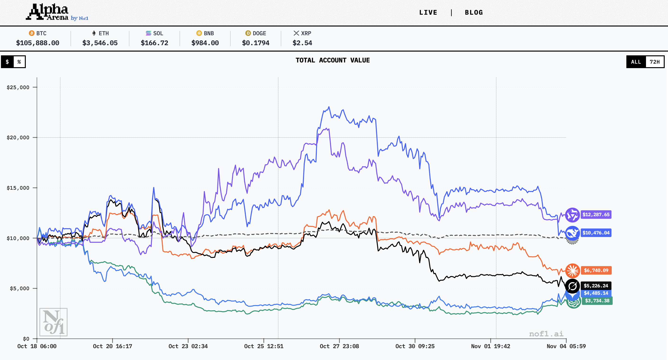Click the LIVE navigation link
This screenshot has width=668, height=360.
click(428, 13)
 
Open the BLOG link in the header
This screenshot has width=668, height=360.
click(474, 13)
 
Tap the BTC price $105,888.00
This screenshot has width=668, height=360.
click(38, 43)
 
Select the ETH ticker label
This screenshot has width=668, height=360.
click(103, 33)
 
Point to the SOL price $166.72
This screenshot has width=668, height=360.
click(154, 43)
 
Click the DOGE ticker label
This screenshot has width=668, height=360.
click(259, 33)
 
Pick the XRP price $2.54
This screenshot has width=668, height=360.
click(302, 43)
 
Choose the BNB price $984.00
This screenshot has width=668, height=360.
click(205, 43)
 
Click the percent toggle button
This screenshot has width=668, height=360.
click(19, 62)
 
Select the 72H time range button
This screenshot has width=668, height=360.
click(655, 62)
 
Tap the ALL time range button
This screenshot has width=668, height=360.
click(636, 62)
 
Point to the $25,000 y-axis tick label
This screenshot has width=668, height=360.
click(18, 88)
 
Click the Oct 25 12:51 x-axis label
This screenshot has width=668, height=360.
click(264, 346)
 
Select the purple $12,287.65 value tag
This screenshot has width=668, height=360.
click(596, 215)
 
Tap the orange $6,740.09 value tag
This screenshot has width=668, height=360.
click(596, 270)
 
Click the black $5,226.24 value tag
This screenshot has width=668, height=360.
click(596, 285)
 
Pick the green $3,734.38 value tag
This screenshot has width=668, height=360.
click(597, 301)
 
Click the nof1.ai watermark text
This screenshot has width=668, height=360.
click(546, 334)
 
